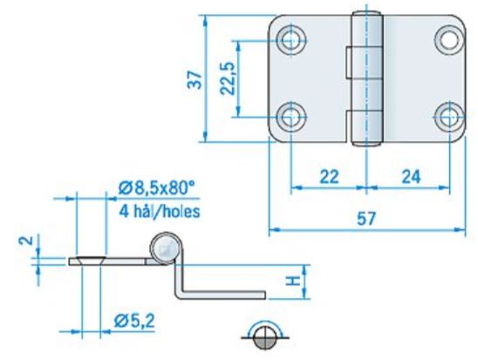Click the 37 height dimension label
click(x=195, y=80)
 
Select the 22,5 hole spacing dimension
click(x=228, y=78)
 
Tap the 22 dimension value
click(x=329, y=177)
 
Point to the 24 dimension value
click(x=411, y=177)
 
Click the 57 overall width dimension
click(x=366, y=219)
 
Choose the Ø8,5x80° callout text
click(x=157, y=188)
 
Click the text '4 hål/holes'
click(x=160, y=211)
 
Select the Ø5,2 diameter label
click(x=134, y=321)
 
